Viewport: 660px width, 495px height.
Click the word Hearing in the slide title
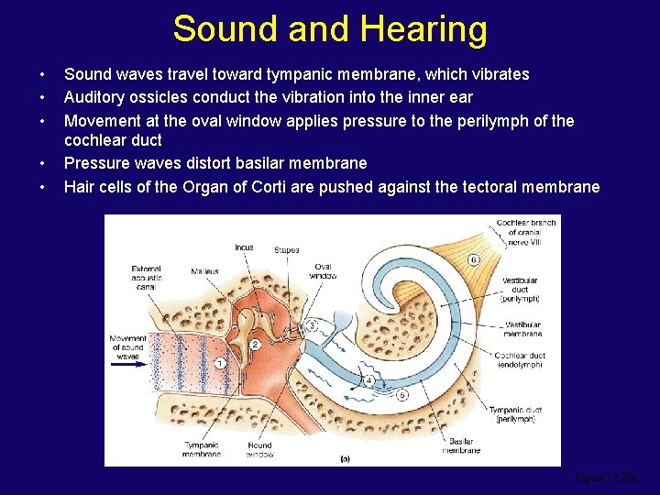423,29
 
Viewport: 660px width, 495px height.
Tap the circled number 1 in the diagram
220,364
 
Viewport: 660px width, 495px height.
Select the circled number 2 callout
256,344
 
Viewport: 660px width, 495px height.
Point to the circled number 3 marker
312,325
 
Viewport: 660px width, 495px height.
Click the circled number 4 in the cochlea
368,379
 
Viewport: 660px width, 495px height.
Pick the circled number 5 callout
401,394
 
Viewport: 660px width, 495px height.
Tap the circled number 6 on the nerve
473,260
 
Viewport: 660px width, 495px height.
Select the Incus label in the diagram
244,247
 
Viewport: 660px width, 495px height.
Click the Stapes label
286,249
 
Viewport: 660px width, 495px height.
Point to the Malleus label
203,271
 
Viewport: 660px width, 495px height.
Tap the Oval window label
323,271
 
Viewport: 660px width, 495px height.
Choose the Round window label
259,449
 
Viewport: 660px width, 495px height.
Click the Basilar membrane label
461,446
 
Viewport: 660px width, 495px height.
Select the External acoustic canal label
147,277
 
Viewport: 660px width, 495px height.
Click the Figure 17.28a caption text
604,478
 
